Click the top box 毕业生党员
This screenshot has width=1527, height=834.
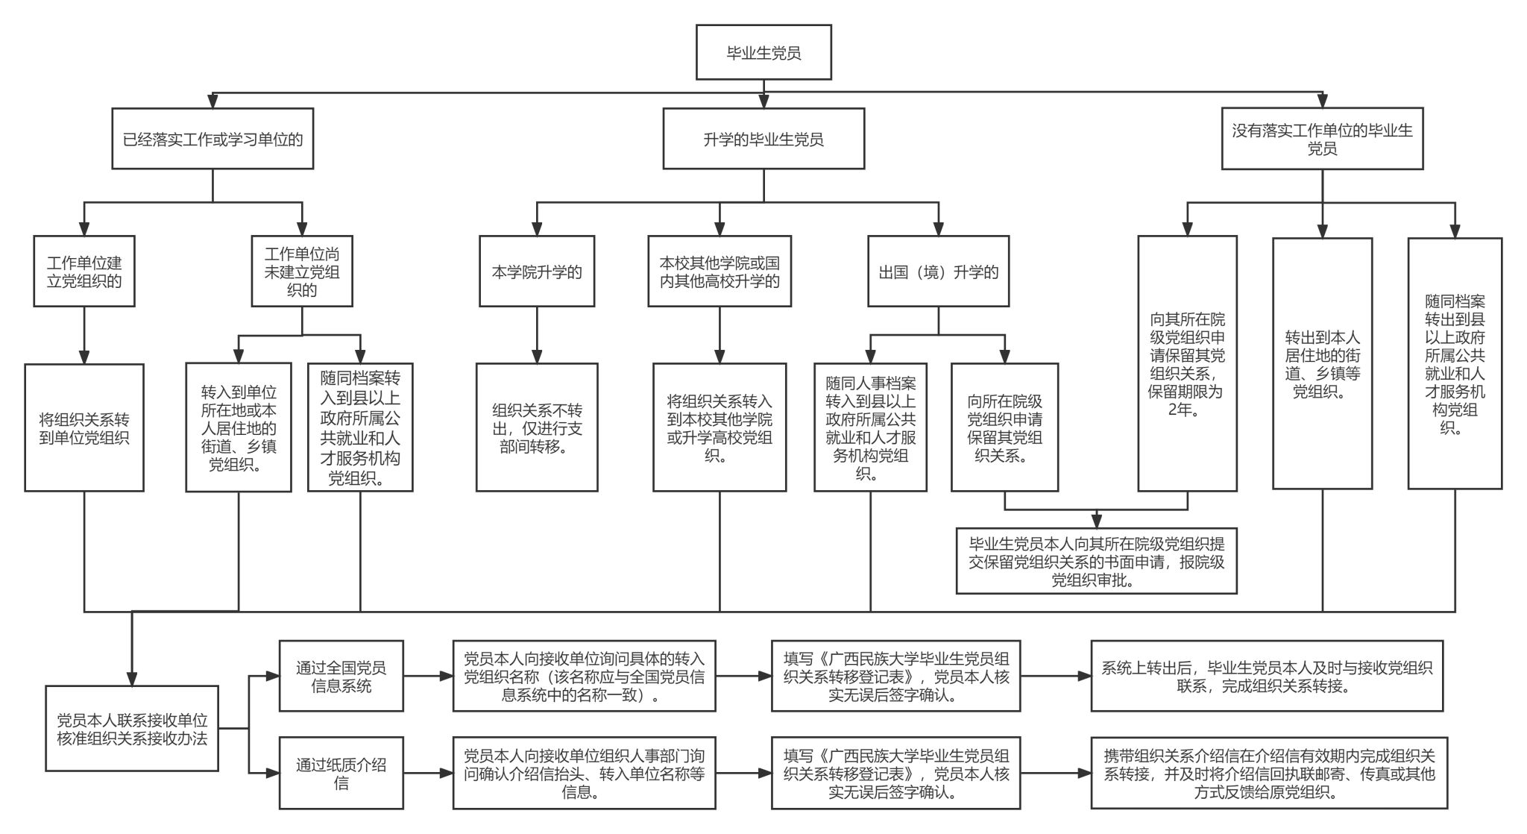[x=763, y=52]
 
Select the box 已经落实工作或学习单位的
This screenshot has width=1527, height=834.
[x=212, y=139]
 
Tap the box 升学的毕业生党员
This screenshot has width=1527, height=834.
[x=763, y=139]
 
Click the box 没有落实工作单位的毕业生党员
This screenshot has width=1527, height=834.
[x=1322, y=139]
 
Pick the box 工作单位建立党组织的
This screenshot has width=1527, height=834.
[x=84, y=272]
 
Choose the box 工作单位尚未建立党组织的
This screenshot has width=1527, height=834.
[x=302, y=272]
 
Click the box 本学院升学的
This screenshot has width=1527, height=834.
[x=537, y=272]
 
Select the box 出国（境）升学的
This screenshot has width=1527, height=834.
[x=938, y=272]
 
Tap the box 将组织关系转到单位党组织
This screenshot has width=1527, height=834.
[x=84, y=427]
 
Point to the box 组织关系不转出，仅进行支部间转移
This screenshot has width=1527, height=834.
[x=537, y=427]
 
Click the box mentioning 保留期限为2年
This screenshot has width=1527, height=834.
[x=1187, y=364]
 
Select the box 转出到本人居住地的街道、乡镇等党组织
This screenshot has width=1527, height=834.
[x=1322, y=364]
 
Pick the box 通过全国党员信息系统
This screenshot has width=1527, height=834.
[x=341, y=676]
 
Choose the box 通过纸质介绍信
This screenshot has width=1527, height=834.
[x=341, y=773]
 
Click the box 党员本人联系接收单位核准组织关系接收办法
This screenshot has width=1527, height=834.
[x=132, y=729]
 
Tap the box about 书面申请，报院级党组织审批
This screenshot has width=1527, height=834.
[x=1096, y=561]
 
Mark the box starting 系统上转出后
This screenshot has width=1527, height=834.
[x=1266, y=676]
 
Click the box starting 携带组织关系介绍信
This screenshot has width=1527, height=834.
[x=1269, y=773]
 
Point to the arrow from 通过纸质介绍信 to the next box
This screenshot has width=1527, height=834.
[x=428, y=774]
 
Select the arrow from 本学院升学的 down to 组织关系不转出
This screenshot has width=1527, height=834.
[x=537, y=335]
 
